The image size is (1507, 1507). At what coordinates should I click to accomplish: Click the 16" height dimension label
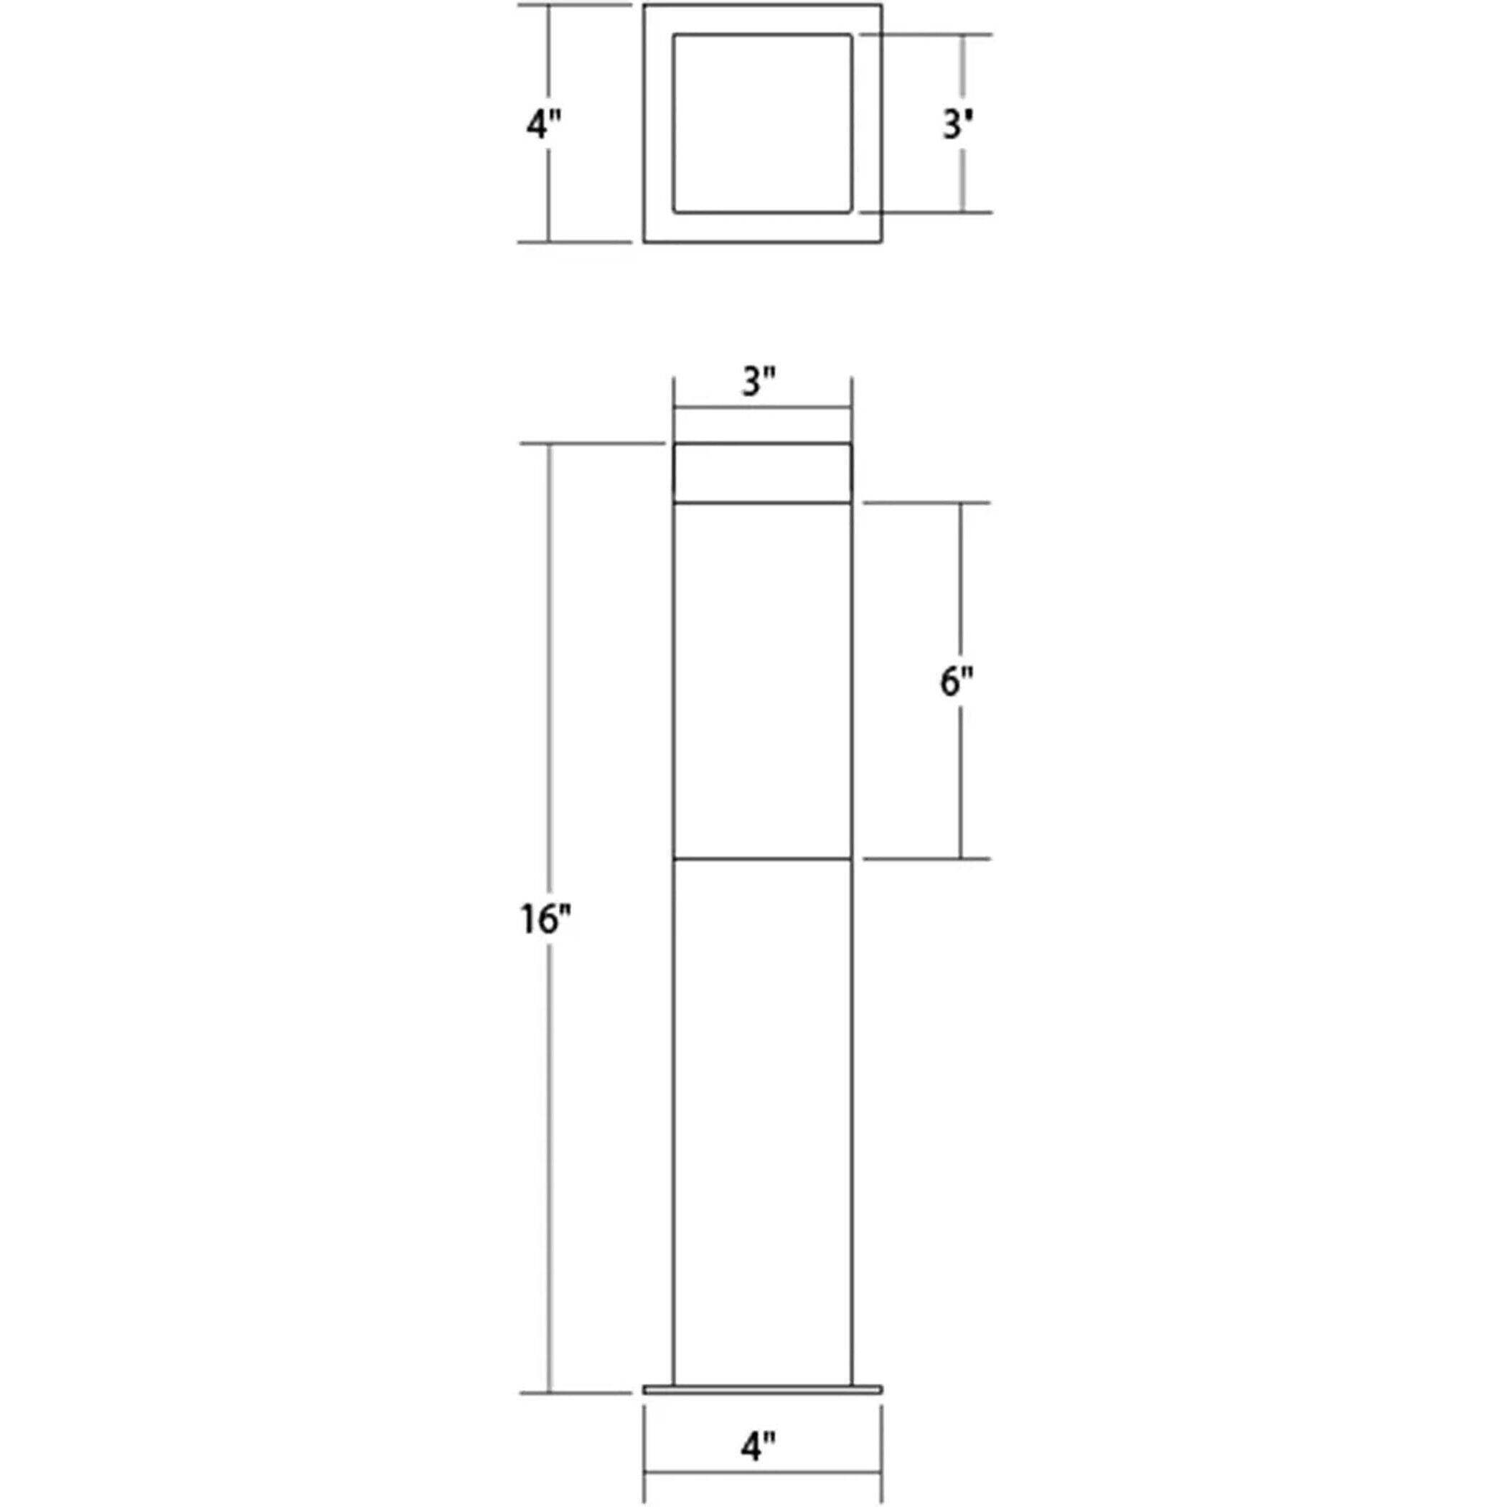click(x=545, y=919)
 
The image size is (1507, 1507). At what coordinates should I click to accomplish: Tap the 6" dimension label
click(x=957, y=681)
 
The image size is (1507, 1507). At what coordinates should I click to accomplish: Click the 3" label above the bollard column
click(x=759, y=382)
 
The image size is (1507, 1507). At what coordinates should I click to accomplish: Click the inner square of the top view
click(x=762, y=123)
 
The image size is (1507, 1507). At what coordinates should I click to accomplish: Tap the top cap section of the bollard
click(x=762, y=474)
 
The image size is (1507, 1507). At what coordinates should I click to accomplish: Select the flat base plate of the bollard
click(x=762, y=1389)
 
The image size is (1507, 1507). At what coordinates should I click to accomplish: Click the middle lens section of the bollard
click(x=762, y=681)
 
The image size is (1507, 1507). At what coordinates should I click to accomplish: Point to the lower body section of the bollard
click(x=762, y=1123)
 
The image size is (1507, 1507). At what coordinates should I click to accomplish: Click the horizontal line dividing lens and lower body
click(x=762, y=860)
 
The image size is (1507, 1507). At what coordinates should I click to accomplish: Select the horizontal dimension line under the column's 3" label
click(x=762, y=407)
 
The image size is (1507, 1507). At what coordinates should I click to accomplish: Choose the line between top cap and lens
click(x=762, y=503)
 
